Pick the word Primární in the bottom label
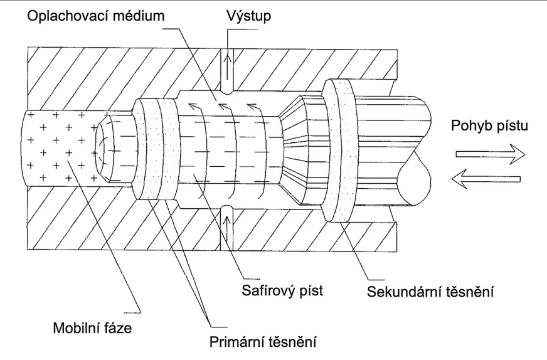coord(235,343)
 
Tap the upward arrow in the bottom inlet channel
coord(227,216)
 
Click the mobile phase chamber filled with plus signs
coord(56,147)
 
